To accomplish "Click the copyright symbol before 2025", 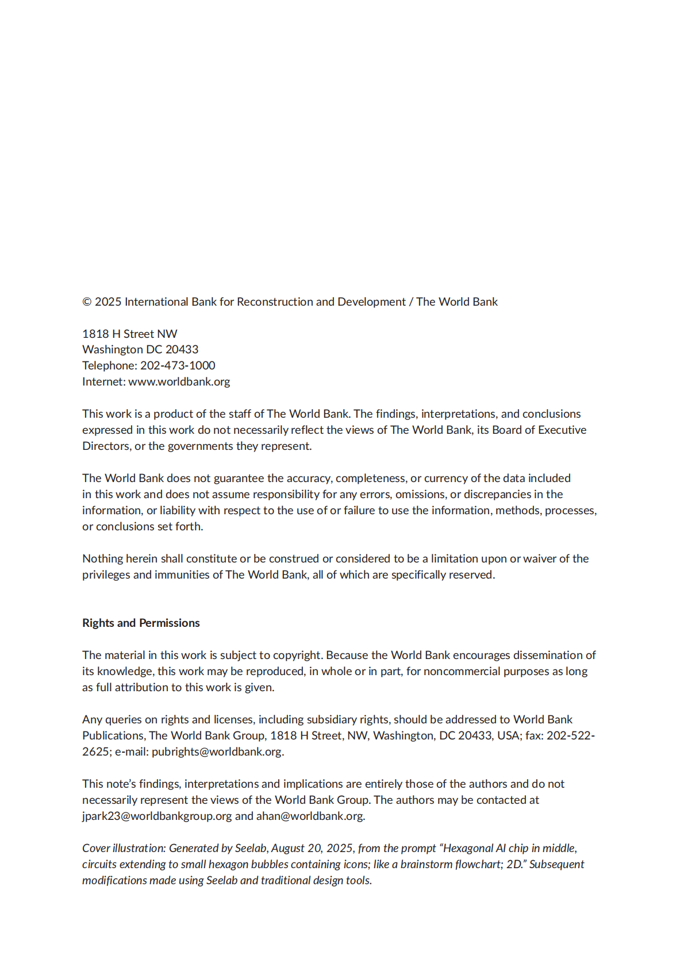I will coord(87,302).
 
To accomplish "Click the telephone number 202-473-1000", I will coord(178,365).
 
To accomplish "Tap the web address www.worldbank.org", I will coord(179,382).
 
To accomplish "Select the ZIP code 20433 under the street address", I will coord(182,349).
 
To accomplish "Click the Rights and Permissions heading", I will coord(141,623).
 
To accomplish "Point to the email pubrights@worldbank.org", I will coord(217,752).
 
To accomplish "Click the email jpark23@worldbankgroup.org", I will coord(157,816).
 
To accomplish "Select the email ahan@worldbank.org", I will coord(310,816).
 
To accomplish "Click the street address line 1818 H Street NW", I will coord(130,334).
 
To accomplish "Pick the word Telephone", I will coord(109,365).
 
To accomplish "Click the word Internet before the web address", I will coord(103,382).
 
